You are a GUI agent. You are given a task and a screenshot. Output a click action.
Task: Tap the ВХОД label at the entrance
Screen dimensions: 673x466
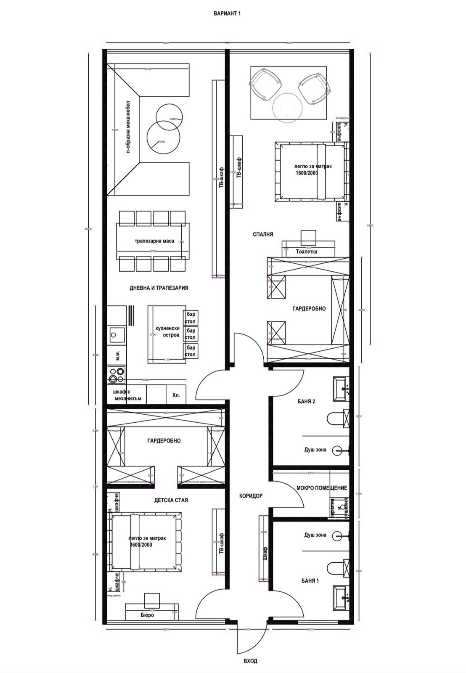[x=250, y=661]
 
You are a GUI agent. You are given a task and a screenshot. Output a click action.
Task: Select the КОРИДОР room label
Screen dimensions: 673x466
[x=251, y=496]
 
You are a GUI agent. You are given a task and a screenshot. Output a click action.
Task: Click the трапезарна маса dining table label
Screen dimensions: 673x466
[x=154, y=241]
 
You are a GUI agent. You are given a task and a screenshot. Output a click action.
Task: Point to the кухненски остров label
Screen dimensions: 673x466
[x=167, y=332]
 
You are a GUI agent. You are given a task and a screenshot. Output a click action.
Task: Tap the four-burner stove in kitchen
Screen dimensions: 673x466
[x=117, y=375]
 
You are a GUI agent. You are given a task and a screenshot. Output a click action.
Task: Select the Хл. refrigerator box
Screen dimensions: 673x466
[x=176, y=395]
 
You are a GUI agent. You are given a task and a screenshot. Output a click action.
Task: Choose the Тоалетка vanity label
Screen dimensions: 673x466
[x=307, y=252]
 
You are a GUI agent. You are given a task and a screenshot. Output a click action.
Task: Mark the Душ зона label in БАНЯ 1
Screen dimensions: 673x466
[x=315, y=535]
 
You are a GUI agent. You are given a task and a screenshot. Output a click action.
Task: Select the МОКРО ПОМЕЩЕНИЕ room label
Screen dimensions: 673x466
[x=321, y=488]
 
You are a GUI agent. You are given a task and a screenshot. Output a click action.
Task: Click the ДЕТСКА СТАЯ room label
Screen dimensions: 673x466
[x=171, y=500]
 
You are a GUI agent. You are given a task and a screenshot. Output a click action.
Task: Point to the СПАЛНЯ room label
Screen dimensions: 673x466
[x=263, y=235]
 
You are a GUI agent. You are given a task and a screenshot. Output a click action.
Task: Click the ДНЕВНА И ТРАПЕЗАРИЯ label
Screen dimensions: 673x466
[x=159, y=288]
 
